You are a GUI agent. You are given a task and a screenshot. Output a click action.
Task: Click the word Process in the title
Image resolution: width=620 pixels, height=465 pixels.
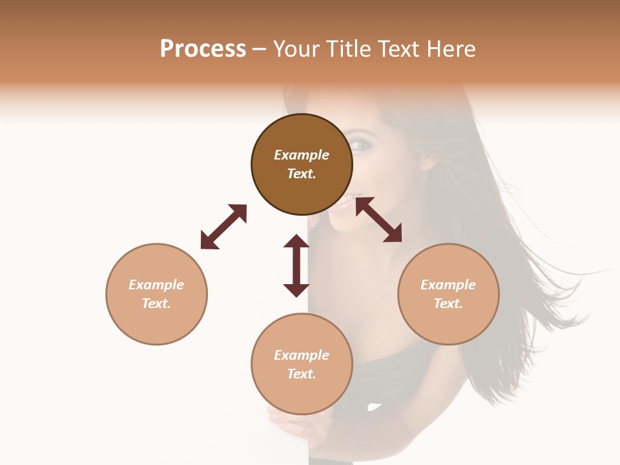pyautogui.click(x=203, y=49)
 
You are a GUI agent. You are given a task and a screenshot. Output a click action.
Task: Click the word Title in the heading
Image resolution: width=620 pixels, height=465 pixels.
pyautogui.click(x=348, y=49)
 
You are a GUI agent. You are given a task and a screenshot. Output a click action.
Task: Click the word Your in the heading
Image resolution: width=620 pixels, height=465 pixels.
pyautogui.click(x=298, y=49)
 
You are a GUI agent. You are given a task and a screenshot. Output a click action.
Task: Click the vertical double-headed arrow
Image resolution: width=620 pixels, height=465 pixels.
pyautogui.click(x=296, y=265)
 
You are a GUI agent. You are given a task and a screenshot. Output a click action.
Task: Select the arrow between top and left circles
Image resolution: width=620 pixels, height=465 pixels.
pyautogui.click(x=223, y=227)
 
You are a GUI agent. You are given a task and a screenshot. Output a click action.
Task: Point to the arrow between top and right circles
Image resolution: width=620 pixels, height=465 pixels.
pyautogui.click(x=378, y=220)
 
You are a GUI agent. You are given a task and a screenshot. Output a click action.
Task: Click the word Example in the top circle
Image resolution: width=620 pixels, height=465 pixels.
pyautogui.click(x=302, y=155)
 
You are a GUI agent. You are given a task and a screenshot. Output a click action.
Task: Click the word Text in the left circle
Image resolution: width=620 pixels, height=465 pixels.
pyautogui.click(x=156, y=304)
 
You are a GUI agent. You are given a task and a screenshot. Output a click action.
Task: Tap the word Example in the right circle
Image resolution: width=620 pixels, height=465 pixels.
pyautogui.click(x=448, y=285)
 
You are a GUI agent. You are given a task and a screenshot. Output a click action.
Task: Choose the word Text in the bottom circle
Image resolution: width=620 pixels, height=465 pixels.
pyautogui.click(x=301, y=374)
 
